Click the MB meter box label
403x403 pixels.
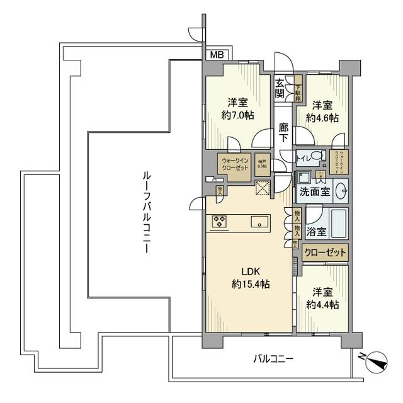pos(217,55)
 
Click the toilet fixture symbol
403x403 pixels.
pos(318,156)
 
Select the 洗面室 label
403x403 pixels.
pos(315,191)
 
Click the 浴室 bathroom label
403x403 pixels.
pos(316,231)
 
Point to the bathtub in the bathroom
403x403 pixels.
pos(338,222)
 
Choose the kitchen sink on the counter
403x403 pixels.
pos(259,222)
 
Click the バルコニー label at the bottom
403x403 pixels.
pos(273,359)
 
